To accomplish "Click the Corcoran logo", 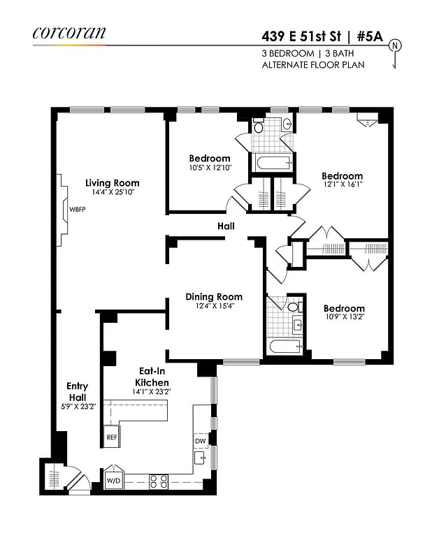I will (69, 32).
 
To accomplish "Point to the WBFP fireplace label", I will (77, 210).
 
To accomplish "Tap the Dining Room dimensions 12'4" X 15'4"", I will (214, 305).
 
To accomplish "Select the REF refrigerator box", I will (112, 437).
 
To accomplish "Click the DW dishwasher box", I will (200, 441).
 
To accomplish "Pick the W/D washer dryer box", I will (113, 481).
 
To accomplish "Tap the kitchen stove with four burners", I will (159, 481).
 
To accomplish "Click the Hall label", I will (226, 226).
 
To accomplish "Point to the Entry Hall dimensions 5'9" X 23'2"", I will (77, 406).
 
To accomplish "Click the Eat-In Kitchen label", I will (152, 378).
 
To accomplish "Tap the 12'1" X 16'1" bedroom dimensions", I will (342, 184).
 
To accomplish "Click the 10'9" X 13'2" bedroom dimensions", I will (344, 317).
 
